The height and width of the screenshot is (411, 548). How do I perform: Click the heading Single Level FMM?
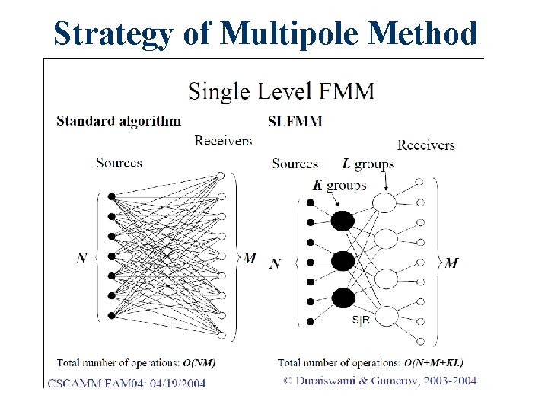pyautogui.click(x=281, y=92)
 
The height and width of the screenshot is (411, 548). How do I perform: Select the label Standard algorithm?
pyautogui.click(x=118, y=120)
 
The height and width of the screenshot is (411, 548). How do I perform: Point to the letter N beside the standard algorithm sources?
pyautogui.click(x=82, y=259)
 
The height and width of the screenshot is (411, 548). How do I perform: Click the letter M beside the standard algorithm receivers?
pyautogui.click(x=249, y=259)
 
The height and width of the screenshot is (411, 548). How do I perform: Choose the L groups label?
pyautogui.click(x=368, y=164)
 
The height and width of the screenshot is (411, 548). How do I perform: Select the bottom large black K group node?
pyautogui.click(x=343, y=297)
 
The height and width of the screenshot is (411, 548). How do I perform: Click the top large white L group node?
pyautogui.click(x=385, y=202)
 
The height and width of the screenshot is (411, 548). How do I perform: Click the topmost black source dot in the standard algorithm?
pyautogui.click(x=112, y=196)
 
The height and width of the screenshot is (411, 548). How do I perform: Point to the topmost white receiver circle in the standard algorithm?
pyautogui.click(x=220, y=175)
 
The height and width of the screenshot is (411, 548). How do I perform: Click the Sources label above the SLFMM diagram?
pyautogui.click(x=295, y=164)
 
